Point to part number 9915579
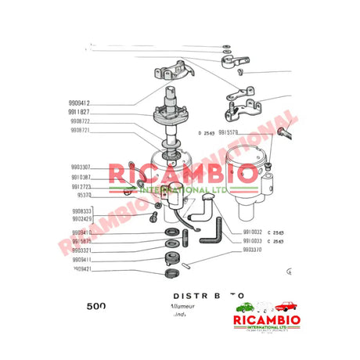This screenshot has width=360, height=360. pyautogui.click(x=233, y=133)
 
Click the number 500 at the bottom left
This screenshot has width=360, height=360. pyautogui.click(x=95, y=307)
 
